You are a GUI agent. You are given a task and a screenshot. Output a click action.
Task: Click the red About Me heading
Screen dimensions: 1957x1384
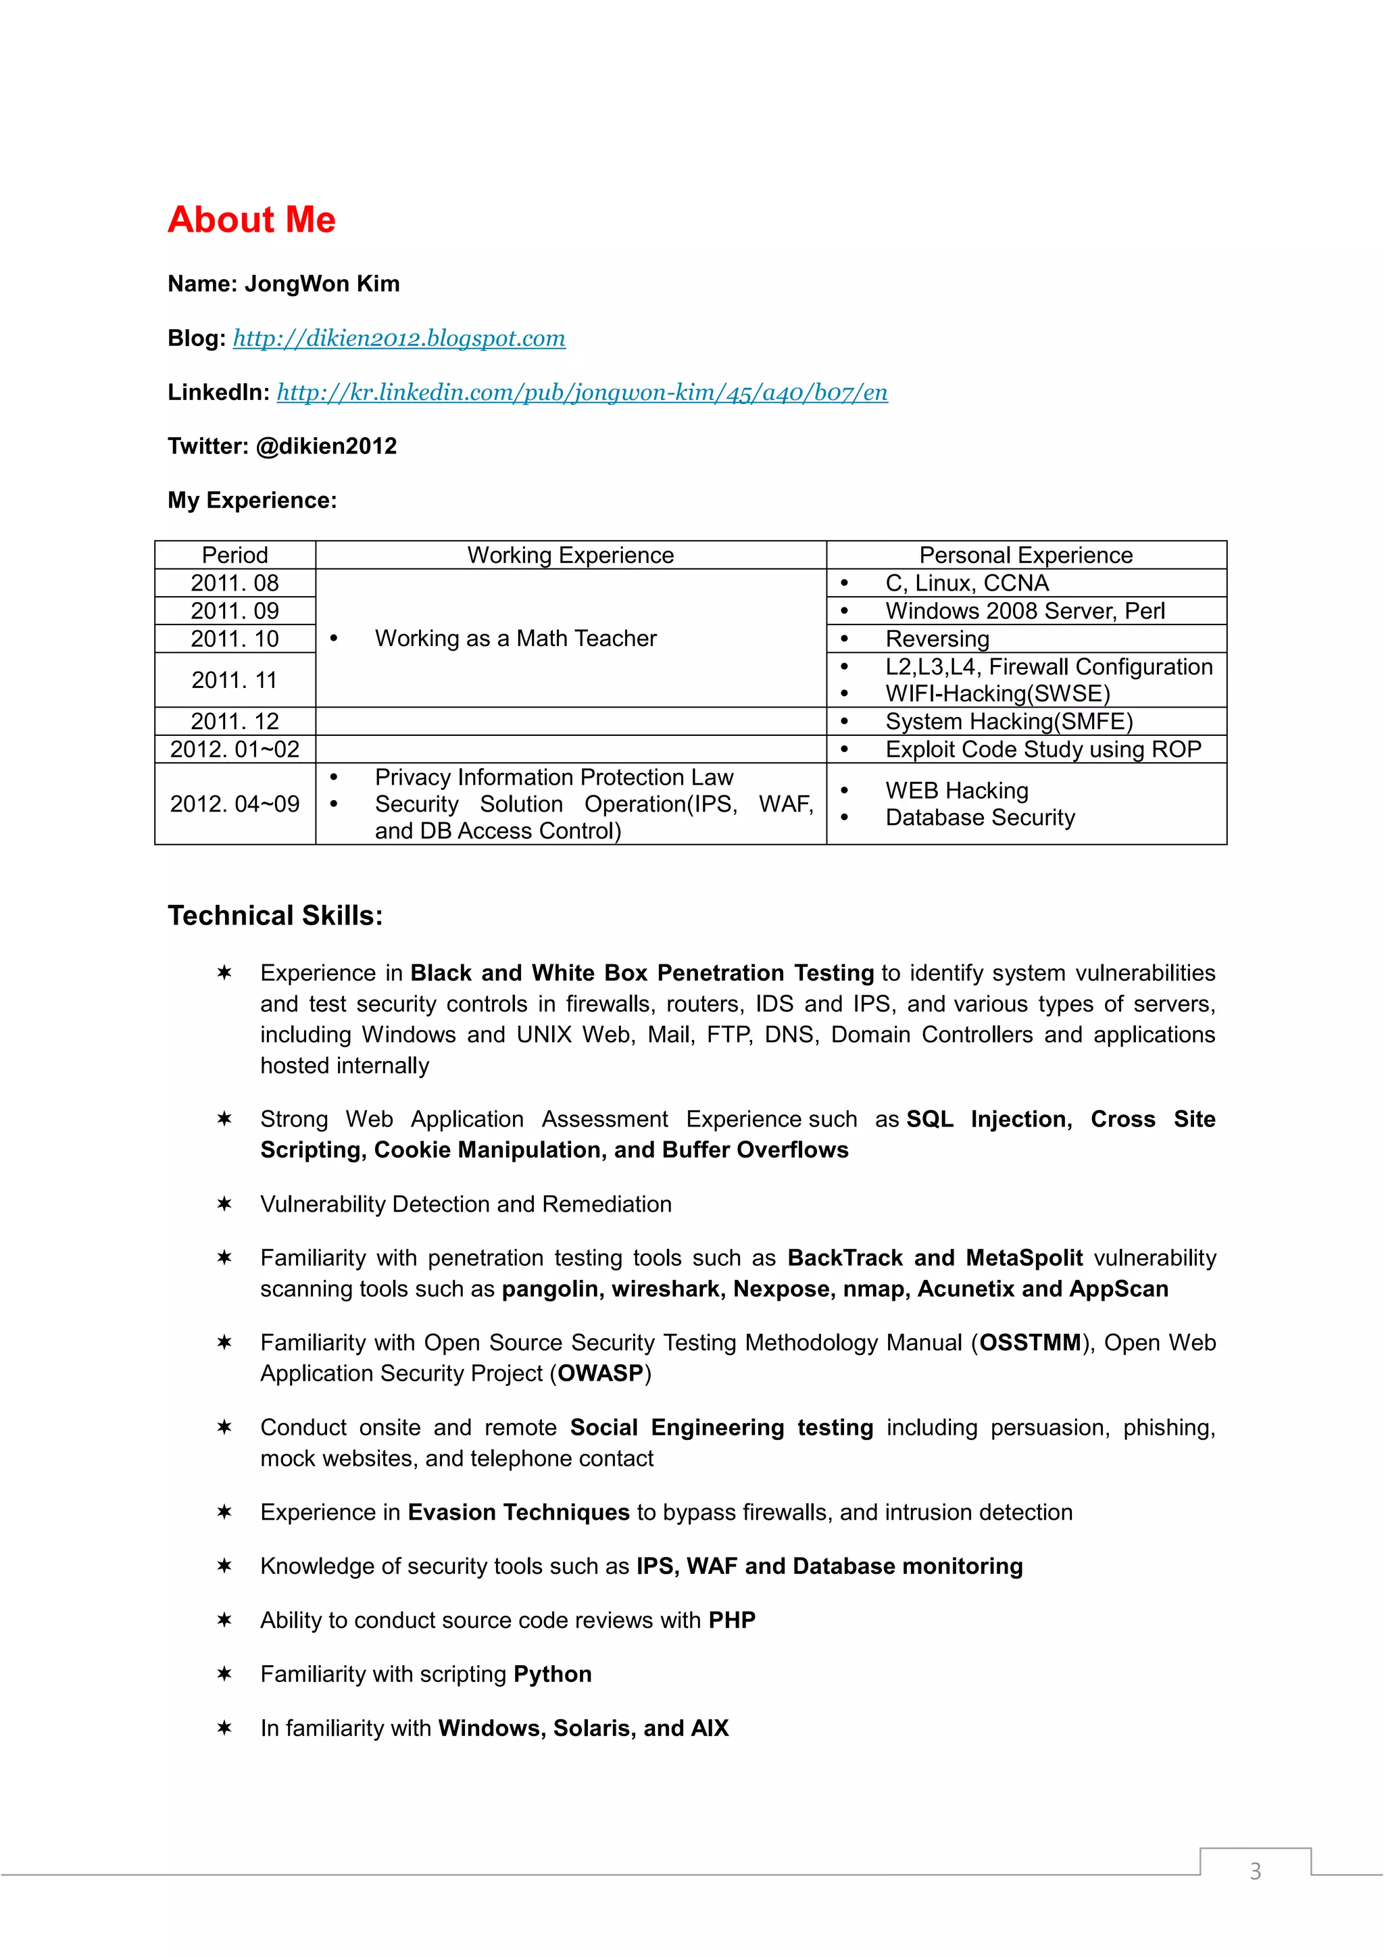click(x=251, y=220)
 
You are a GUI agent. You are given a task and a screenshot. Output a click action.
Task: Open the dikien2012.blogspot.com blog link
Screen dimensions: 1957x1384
click(x=399, y=339)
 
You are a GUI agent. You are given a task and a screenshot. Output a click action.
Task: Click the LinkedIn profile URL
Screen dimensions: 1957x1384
click(x=582, y=392)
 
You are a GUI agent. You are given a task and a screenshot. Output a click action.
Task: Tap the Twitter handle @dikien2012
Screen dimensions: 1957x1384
click(x=326, y=446)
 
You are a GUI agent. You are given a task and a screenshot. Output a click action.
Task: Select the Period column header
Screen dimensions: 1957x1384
click(x=234, y=555)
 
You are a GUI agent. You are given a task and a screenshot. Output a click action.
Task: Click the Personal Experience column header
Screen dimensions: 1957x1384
click(x=1025, y=555)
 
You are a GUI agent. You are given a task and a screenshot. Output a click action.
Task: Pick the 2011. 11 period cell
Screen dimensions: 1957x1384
click(x=234, y=680)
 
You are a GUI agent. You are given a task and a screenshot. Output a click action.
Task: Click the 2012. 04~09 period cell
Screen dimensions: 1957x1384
click(x=234, y=803)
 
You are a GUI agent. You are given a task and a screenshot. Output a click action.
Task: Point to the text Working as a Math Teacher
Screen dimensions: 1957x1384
click(x=516, y=639)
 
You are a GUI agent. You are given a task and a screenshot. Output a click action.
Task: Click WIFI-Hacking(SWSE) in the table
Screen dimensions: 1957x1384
click(x=997, y=694)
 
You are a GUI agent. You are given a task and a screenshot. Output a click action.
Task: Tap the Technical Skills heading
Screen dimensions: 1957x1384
click(x=275, y=916)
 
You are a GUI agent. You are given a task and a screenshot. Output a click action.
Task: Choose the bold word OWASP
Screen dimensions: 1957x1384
click(x=600, y=1373)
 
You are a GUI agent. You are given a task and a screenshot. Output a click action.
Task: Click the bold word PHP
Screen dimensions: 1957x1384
click(x=732, y=1620)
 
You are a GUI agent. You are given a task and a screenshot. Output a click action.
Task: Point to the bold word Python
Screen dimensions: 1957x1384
click(x=552, y=1674)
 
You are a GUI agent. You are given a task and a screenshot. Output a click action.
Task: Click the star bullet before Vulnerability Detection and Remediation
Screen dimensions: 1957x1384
click(x=224, y=1204)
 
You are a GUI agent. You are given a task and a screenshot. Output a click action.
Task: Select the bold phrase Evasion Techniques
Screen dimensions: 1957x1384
click(x=518, y=1512)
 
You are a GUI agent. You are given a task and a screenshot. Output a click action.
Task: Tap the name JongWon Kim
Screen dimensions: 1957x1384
click(x=322, y=284)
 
